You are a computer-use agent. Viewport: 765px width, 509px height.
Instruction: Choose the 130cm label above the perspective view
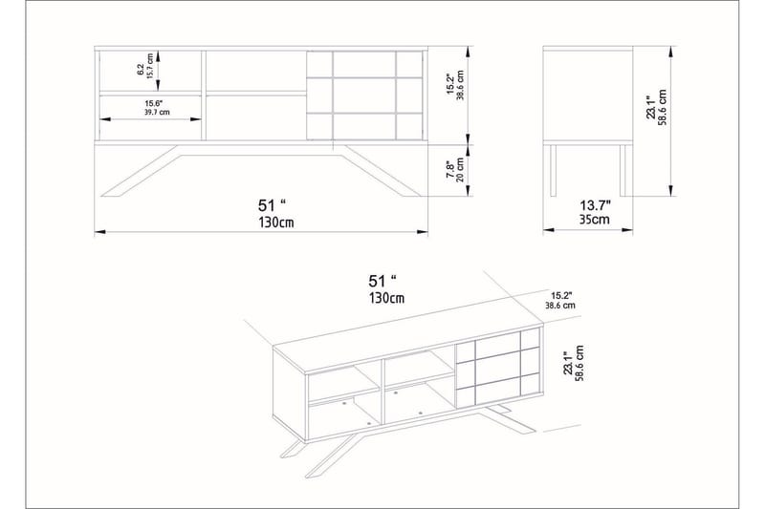point(387,298)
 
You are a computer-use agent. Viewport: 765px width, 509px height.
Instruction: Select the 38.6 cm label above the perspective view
point(562,307)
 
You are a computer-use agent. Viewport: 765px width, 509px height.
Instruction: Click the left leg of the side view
point(552,170)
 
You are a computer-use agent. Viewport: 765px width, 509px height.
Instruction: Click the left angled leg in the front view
point(143,172)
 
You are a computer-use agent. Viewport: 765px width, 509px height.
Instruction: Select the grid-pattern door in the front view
point(364,94)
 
